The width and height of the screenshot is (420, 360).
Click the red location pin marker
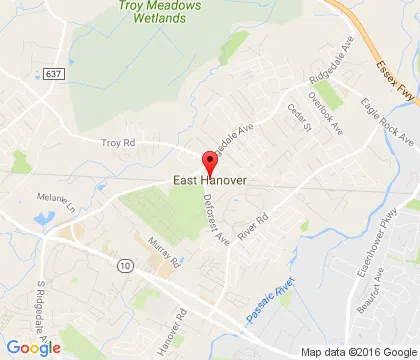tap(210, 163)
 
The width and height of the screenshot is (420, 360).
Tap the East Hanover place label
tap(209, 181)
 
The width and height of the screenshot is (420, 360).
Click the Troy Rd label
tap(118, 143)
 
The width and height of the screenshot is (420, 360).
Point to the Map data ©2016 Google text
tap(361, 351)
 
